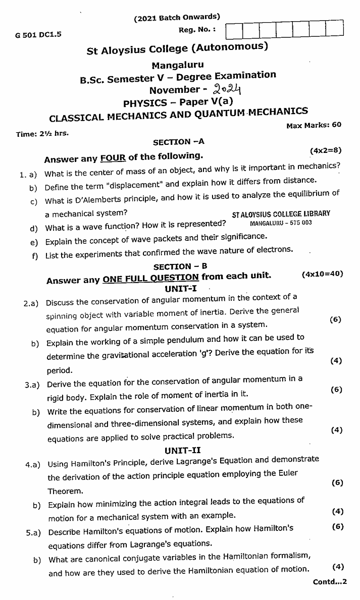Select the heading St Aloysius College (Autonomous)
(177, 49)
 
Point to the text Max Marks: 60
(314, 125)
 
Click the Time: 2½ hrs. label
(42, 134)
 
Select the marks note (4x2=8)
(326, 150)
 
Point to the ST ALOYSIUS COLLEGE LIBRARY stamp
(281, 213)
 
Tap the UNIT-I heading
(180, 289)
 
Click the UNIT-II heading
(182, 450)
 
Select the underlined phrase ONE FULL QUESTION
(150, 277)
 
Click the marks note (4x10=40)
(322, 274)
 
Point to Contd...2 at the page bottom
(330, 582)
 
